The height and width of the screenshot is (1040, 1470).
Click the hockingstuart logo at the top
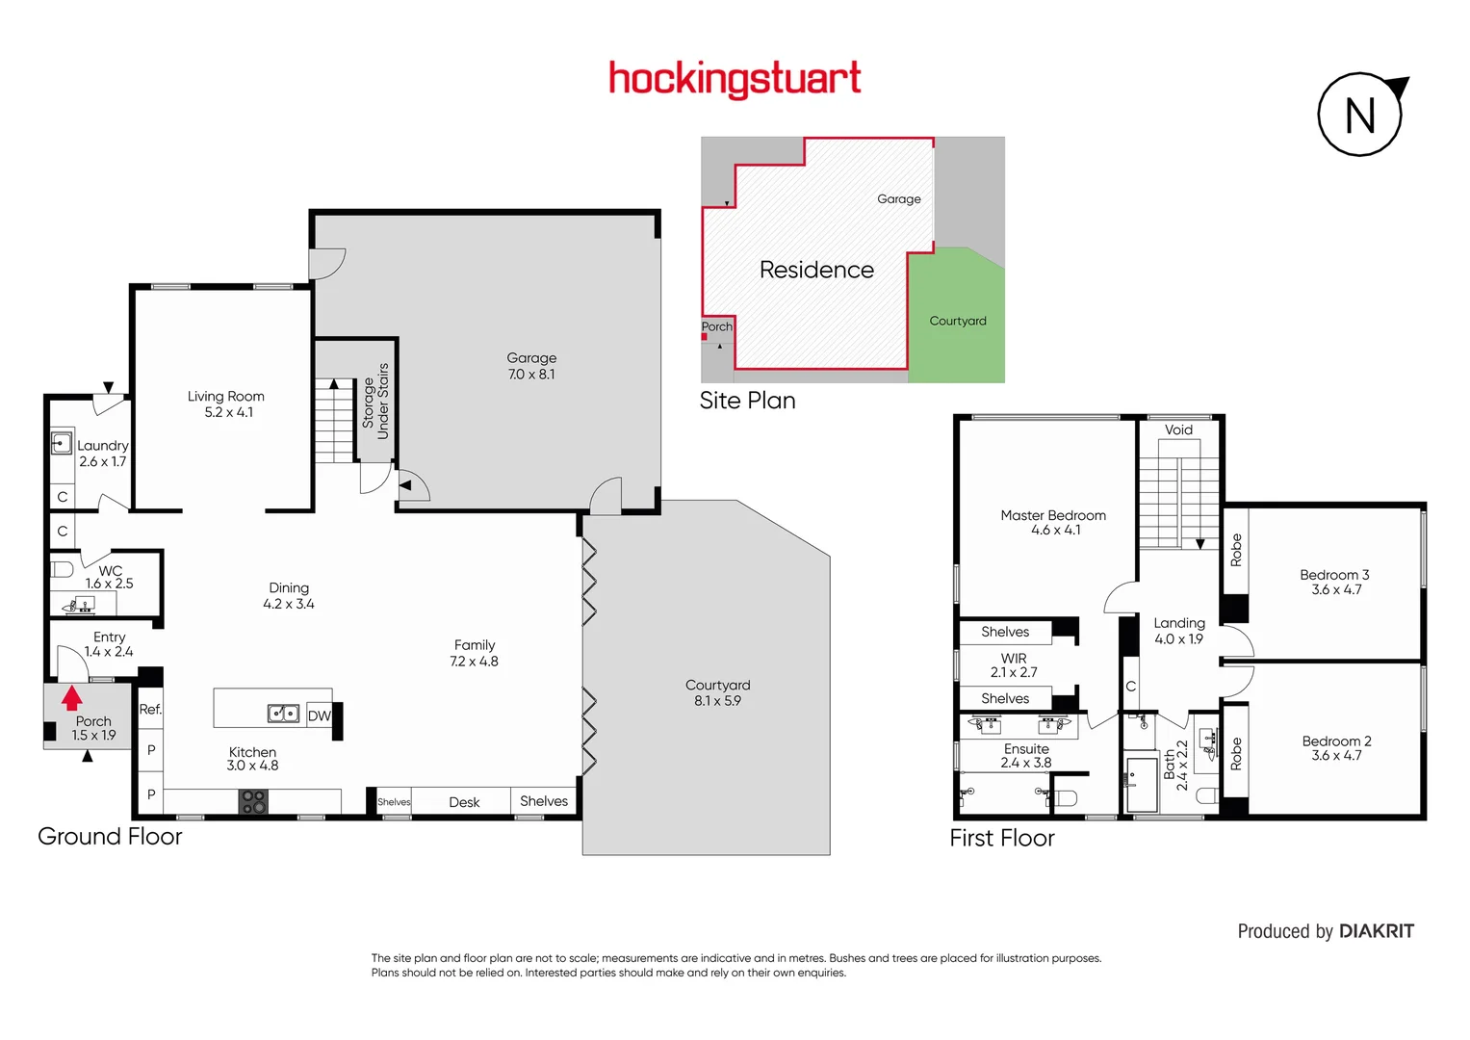(735, 79)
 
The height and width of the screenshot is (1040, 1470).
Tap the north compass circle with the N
(1359, 116)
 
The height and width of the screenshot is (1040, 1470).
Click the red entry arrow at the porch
(72, 697)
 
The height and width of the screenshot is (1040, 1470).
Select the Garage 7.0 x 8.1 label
(531, 366)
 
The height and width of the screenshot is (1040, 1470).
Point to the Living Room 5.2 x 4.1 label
(226, 404)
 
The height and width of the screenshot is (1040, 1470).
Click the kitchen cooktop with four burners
(253, 801)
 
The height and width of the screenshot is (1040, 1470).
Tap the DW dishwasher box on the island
(319, 715)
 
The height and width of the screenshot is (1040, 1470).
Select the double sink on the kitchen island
(283, 714)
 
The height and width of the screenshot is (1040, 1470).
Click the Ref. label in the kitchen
(150, 710)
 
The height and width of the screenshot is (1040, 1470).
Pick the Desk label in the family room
(464, 802)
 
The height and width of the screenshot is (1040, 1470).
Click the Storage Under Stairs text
(375, 402)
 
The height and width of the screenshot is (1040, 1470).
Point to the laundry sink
(62, 443)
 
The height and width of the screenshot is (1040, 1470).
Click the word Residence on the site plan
(816, 270)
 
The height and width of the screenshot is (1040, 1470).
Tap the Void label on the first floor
(1178, 429)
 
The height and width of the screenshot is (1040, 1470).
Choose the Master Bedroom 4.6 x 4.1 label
(1053, 523)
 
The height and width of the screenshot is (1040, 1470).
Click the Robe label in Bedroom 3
(1236, 550)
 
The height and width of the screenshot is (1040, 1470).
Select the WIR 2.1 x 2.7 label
(1014, 665)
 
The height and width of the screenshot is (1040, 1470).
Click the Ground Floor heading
(110, 836)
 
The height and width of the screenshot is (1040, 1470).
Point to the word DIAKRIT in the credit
(1376, 931)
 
